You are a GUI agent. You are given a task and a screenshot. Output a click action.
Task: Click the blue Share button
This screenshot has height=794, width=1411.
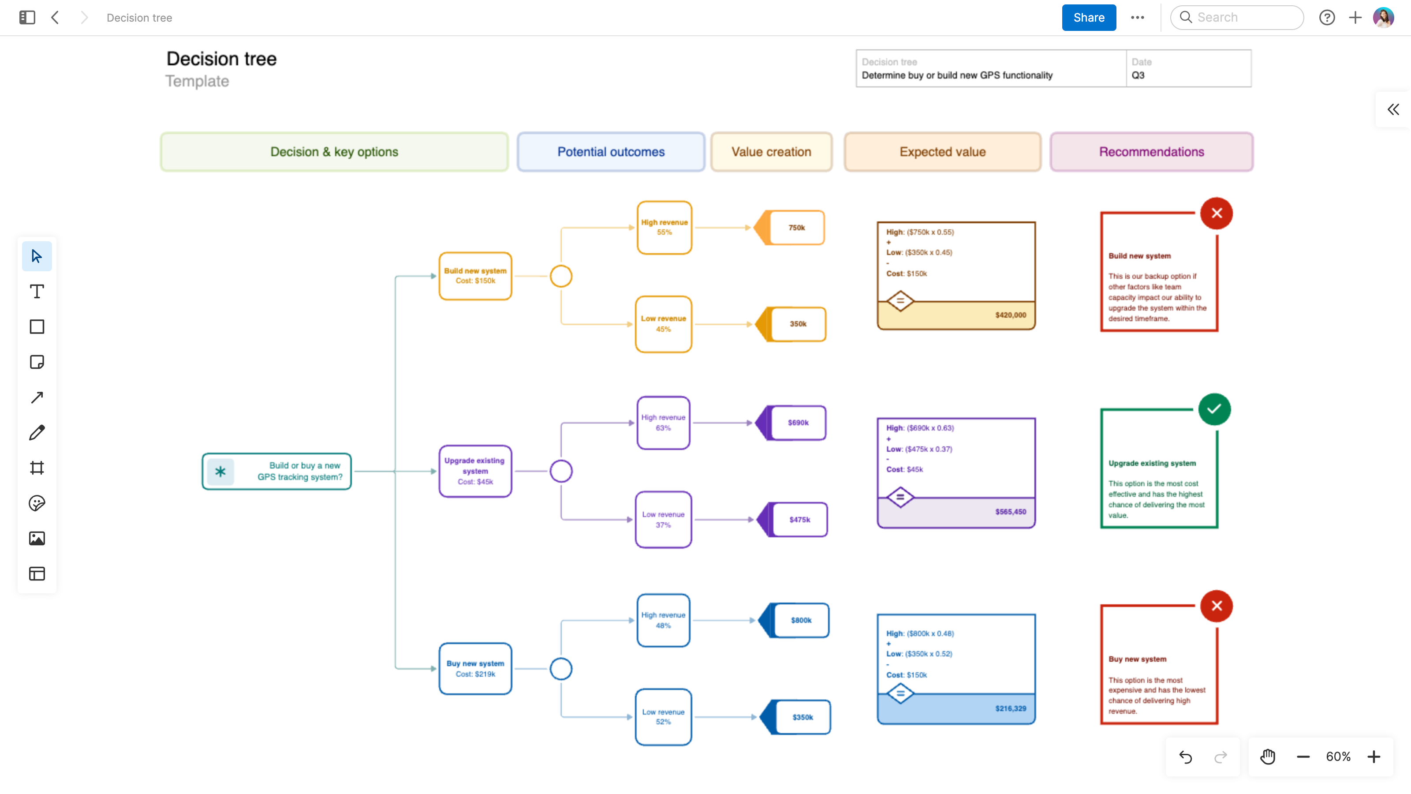tap(1088, 18)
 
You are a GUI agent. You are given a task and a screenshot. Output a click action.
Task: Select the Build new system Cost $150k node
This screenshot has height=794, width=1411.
tap(475, 276)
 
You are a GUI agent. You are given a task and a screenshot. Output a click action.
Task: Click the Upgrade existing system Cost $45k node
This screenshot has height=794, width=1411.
tap(475, 471)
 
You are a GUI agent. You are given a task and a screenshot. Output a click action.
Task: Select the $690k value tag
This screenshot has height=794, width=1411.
tap(798, 423)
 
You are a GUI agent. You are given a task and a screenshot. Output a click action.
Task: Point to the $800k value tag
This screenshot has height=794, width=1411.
tap(800, 620)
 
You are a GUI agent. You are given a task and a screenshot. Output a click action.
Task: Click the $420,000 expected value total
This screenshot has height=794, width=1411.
tap(1010, 315)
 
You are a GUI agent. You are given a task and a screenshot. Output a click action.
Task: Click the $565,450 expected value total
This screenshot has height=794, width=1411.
tap(1010, 512)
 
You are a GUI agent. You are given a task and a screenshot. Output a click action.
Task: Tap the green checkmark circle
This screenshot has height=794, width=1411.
tap(1214, 409)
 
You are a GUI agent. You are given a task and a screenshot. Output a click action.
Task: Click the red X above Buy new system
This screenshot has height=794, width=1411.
tap(1216, 606)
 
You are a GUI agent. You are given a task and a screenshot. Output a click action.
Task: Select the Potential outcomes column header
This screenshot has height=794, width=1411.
tap(611, 152)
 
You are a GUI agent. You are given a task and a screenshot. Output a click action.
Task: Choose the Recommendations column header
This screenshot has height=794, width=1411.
tap(1151, 152)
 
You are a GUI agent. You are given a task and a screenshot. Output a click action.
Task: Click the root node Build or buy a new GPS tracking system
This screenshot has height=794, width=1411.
tap(276, 471)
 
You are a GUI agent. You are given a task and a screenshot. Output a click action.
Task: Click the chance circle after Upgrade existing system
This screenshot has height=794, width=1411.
tap(561, 471)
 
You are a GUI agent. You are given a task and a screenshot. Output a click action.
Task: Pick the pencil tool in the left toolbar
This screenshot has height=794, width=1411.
tap(37, 432)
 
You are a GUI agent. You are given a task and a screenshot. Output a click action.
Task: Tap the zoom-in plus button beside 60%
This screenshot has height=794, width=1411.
tap(1373, 757)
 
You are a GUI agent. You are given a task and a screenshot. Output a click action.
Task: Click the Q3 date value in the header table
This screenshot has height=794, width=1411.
tap(1138, 75)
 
